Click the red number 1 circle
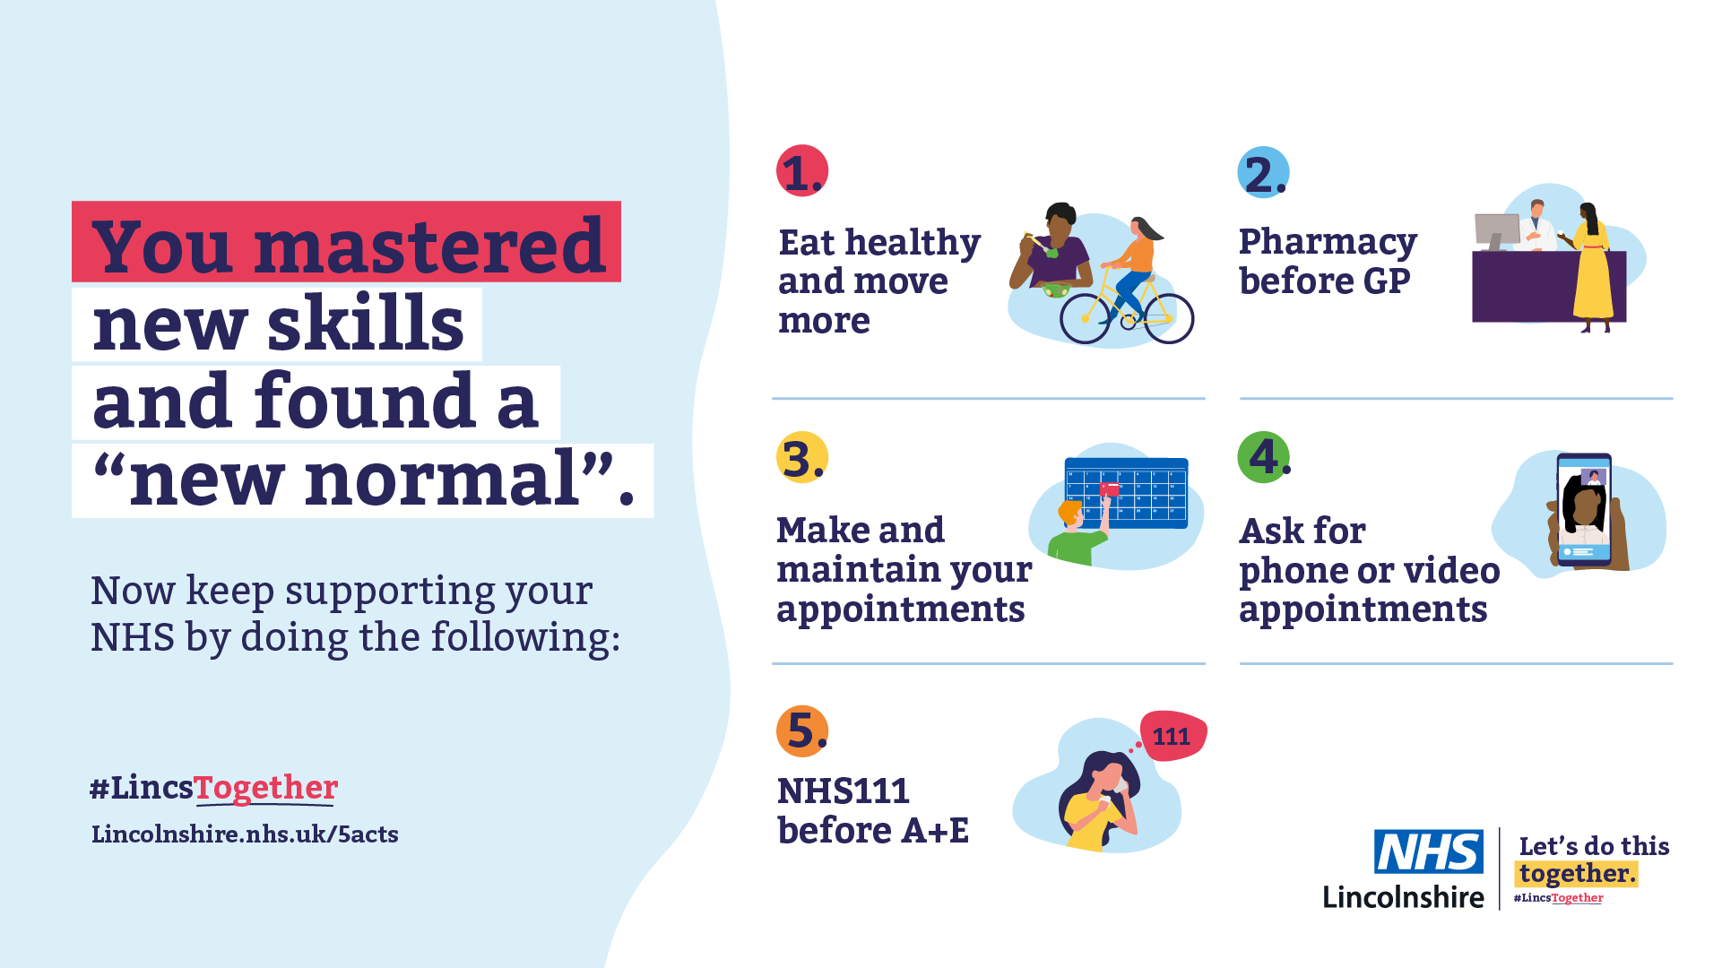click(802, 170)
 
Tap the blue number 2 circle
click(1263, 172)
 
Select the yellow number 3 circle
click(802, 457)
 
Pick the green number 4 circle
click(1263, 457)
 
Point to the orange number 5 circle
click(802, 731)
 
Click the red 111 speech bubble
click(1173, 736)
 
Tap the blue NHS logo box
click(1429, 851)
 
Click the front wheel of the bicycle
click(1169, 318)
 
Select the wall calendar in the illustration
click(1126, 493)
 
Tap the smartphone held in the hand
click(1584, 509)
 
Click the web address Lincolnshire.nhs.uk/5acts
click(245, 834)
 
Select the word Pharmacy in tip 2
click(1328, 242)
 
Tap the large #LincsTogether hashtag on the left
click(213, 788)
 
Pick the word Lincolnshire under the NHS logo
click(1403, 896)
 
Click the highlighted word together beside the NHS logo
click(1577, 874)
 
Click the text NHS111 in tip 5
click(843, 791)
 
